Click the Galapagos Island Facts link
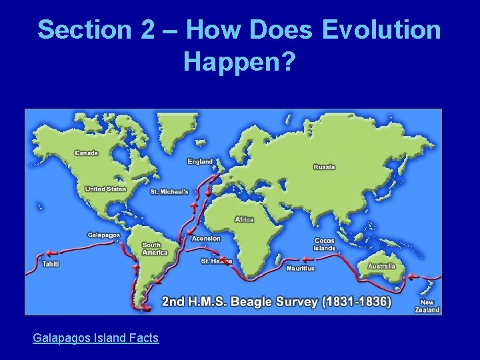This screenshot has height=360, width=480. (95, 338)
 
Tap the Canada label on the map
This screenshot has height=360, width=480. (87, 153)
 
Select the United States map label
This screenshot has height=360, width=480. (105, 189)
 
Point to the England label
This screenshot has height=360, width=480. (200, 161)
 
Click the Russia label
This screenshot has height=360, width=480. (325, 167)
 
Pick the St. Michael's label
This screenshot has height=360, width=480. (169, 191)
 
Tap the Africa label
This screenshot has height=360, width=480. (245, 219)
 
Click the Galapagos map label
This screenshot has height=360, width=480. (104, 235)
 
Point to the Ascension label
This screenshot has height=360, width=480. (206, 238)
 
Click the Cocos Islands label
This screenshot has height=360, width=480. (325, 245)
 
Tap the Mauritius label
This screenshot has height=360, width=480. (300, 269)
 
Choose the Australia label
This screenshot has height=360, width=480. (382, 266)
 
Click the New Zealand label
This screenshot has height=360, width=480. (427, 306)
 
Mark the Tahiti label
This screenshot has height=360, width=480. (51, 264)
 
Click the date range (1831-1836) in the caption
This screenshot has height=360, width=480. (356, 301)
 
